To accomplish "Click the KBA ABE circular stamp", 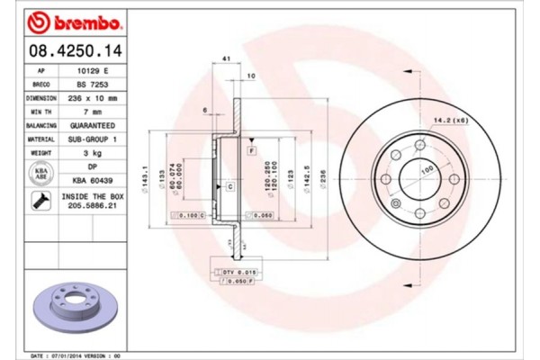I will [41, 174].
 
